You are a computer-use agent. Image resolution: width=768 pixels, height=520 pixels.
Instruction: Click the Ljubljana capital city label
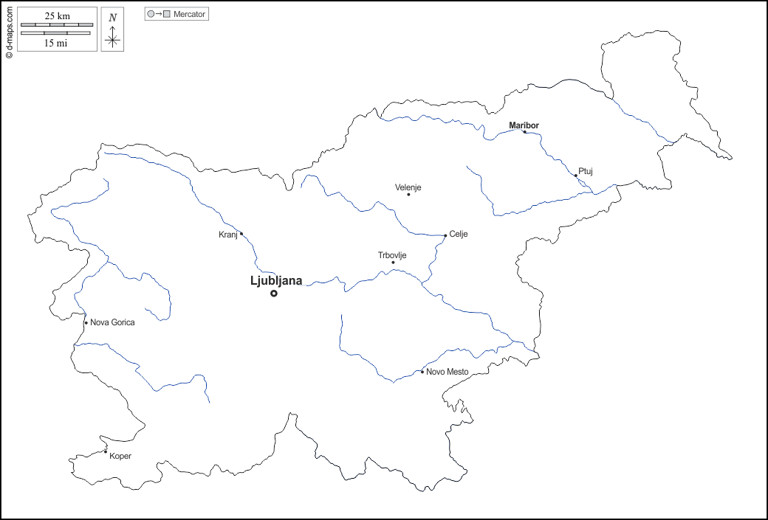[276, 280]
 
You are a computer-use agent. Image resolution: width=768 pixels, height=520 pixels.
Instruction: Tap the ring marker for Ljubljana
[274, 294]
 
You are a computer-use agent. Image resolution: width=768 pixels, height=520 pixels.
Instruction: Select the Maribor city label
[524, 125]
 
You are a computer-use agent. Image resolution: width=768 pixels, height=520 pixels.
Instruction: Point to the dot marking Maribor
[524, 132]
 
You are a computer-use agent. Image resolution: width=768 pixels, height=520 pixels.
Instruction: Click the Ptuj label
[586, 171]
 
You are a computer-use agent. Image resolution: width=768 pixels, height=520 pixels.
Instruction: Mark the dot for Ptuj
[576, 176]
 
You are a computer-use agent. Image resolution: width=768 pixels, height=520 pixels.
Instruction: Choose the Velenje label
[408, 187]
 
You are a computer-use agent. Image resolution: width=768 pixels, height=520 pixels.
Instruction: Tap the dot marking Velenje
[408, 195]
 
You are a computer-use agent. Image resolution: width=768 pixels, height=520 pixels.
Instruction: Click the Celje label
[459, 235]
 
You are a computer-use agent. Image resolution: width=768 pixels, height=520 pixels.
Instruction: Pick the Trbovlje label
[392, 255]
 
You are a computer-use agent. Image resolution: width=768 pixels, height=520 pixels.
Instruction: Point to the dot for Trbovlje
[393, 263]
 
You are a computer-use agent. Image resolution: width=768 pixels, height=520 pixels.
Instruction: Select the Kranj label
[228, 235]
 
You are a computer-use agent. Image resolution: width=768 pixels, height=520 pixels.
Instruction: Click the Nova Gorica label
[112, 322]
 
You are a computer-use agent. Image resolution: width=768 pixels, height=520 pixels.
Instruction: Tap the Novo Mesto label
[448, 372]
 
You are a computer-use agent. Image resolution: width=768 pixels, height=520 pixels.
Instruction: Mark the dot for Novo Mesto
[422, 372]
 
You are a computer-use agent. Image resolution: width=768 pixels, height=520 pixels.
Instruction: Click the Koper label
[120, 456]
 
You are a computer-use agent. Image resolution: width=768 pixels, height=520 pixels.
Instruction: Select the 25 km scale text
[57, 16]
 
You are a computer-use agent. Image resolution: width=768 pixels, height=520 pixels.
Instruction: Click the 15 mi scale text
[57, 44]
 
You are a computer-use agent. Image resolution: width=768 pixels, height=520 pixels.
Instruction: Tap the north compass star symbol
[112, 39]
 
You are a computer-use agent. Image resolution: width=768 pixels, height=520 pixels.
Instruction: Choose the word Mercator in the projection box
[190, 14]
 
